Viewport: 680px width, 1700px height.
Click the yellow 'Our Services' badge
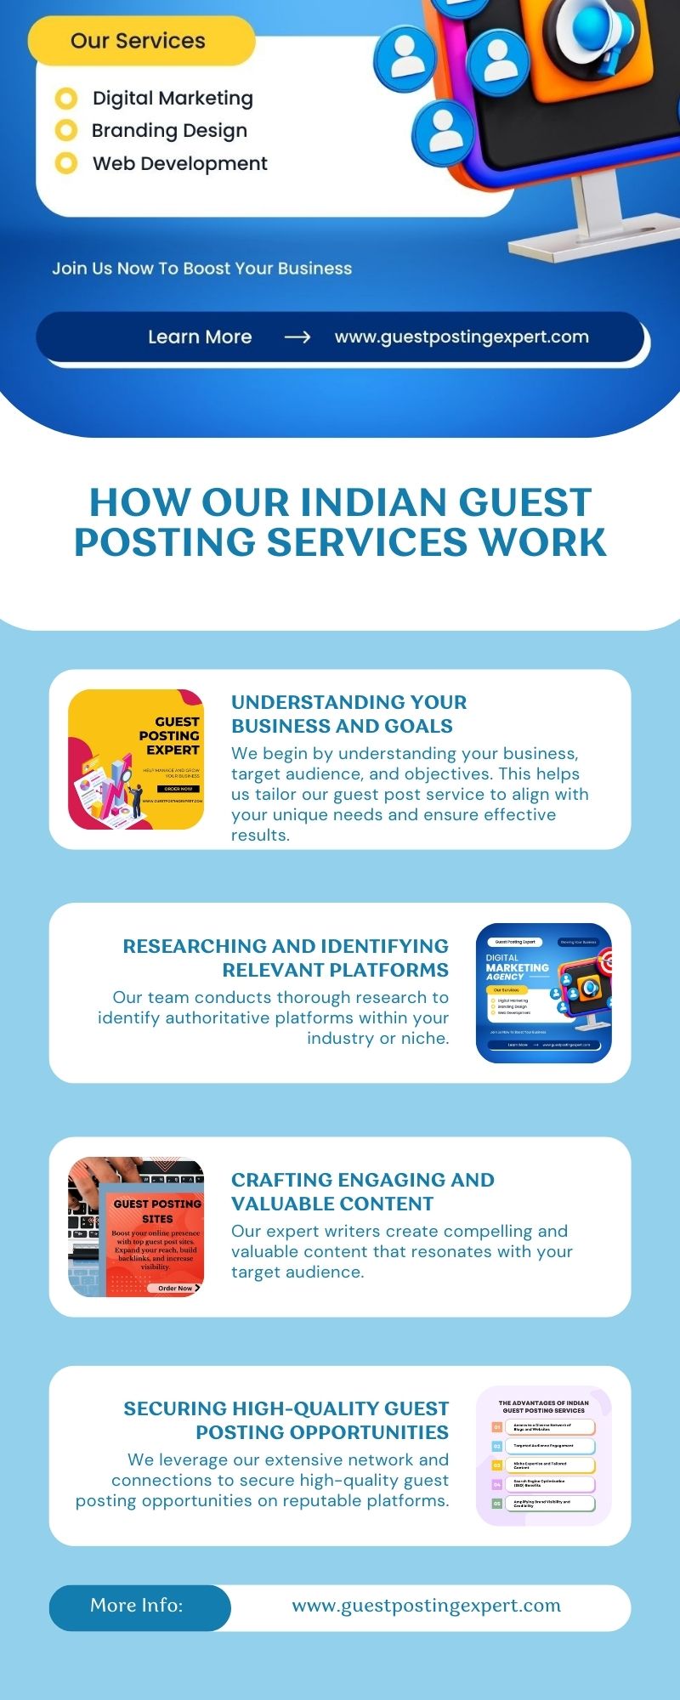click(x=140, y=41)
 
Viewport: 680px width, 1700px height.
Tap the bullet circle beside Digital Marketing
click(x=66, y=99)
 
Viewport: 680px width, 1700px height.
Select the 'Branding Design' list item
click(x=169, y=131)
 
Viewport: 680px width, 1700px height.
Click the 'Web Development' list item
click(x=179, y=163)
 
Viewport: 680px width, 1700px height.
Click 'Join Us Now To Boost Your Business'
click(x=201, y=269)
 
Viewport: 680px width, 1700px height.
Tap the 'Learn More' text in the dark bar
click(x=200, y=337)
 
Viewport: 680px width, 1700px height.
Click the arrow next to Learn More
click(x=297, y=337)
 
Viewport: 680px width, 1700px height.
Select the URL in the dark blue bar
click(x=462, y=337)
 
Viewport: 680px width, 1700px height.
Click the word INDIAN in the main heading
click(x=379, y=502)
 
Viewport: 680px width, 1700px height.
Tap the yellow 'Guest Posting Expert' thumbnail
click(x=136, y=759)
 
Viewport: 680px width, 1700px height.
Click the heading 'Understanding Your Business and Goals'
click(x=348, y=714)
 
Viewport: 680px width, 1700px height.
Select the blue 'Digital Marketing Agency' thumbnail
click(x=544, y=993)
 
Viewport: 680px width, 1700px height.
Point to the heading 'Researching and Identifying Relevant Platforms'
click(x=286, y=958)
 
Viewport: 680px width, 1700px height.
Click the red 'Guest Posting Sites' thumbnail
click(x=136, y=1227)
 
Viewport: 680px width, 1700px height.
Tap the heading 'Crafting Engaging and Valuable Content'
click(x=362, y=1192)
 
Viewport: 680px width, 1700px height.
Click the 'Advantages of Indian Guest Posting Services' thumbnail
click(x=544, y=1455)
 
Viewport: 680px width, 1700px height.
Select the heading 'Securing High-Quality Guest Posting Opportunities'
click(x=286, y=1420)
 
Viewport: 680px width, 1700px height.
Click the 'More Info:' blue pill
click(x=138, y=1606)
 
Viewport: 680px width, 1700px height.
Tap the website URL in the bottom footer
click(x=426, y=1606)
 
